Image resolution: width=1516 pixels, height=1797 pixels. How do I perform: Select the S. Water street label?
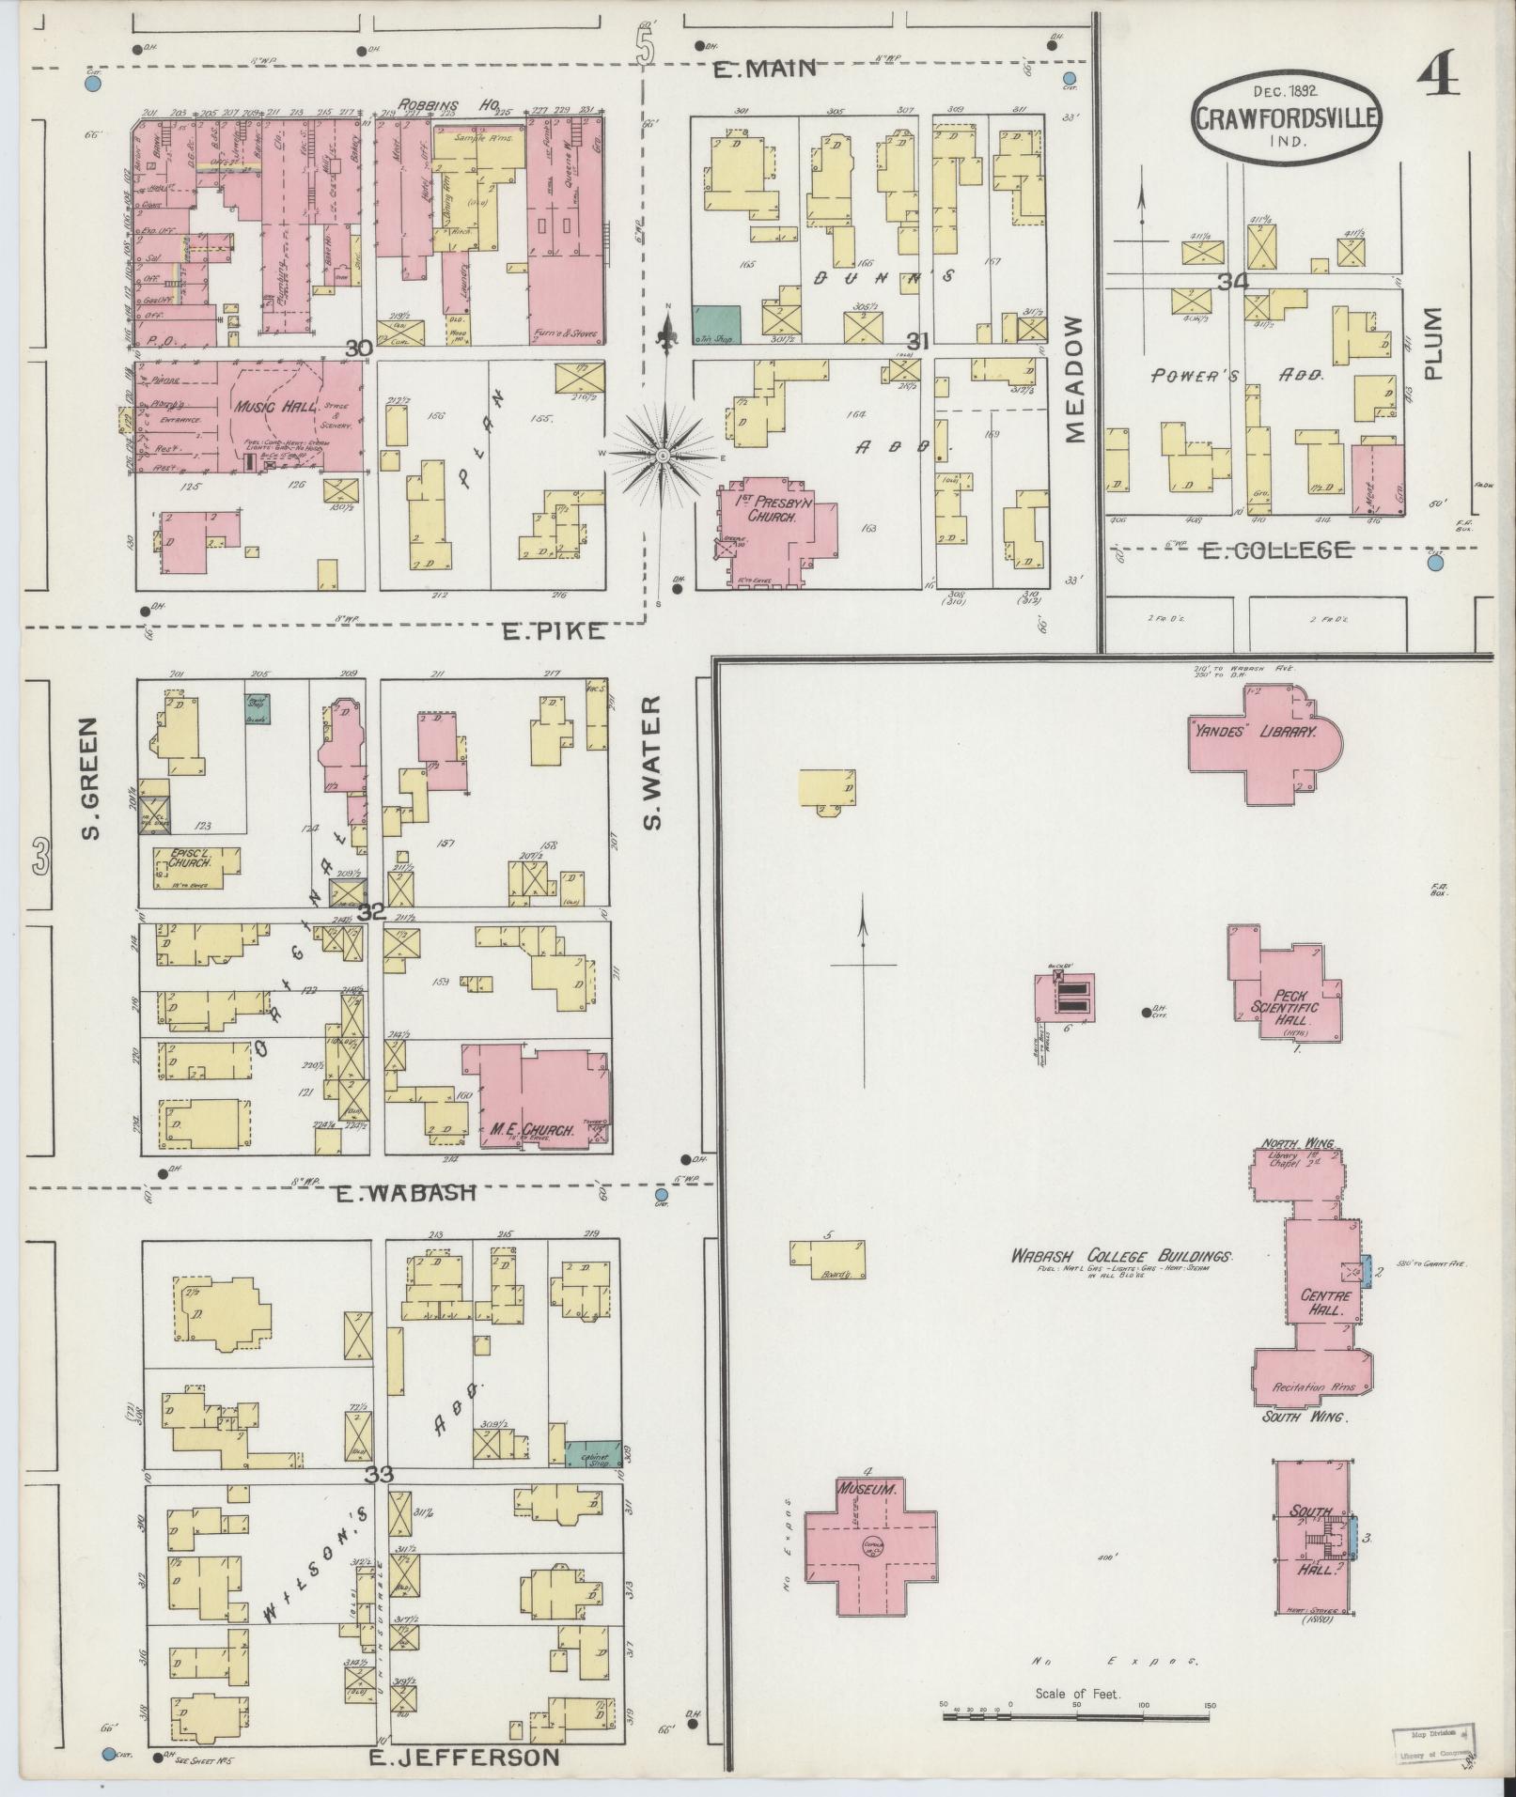652,764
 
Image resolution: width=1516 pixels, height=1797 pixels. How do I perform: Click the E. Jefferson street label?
464,1758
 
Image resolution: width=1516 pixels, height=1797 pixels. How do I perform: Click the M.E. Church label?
532,1131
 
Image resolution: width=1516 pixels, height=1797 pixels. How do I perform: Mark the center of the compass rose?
663,456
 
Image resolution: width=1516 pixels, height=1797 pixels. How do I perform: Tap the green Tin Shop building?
716,323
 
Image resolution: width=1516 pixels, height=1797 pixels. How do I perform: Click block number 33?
379,1501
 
